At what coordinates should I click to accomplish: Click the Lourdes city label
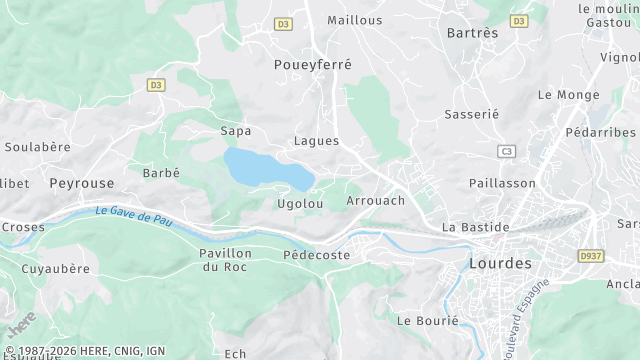[500, 263]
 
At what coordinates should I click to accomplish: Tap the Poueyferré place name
[313, 64]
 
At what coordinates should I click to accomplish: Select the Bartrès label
[472, 33]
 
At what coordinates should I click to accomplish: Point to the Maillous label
[354, 20]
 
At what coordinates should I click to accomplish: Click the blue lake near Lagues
[265, 169]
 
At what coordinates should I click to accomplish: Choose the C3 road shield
[507, 151]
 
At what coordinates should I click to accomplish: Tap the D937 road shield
[591, 256]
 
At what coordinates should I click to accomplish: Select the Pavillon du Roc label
[226, 260]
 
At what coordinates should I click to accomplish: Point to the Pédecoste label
[317, 255]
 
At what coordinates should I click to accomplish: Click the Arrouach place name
[375, 201]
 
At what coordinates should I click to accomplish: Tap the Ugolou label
[300, 204]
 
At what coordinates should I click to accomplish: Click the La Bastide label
[475, 227]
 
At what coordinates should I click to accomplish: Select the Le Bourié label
[427, 321]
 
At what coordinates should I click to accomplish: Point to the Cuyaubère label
[56, 269]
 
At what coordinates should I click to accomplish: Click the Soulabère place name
[38, 147]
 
